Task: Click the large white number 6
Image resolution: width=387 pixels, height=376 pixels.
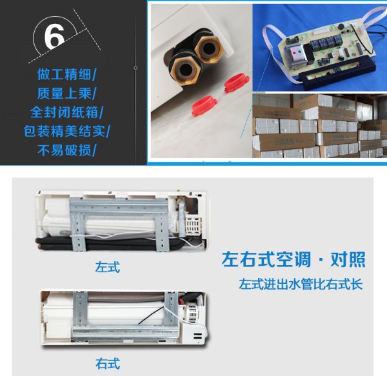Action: click(x=54, y=37)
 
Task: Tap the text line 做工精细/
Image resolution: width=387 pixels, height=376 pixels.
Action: click(x=66, y=74)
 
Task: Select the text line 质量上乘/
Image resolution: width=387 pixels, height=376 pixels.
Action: click(x=66, y=94)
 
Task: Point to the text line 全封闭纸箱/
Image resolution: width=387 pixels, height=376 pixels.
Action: click(x=66, y=112)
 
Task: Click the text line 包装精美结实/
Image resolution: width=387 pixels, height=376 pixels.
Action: click(x=66, y=131)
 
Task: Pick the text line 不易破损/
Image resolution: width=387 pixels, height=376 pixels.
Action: click(x=66, y=150)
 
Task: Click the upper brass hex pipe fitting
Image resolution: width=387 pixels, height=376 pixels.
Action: click(x=209, y=49)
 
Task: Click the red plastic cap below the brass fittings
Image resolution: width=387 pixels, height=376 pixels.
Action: click(x=204, y=106)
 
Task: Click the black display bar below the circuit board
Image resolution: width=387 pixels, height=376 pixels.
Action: click(x=338, y=72)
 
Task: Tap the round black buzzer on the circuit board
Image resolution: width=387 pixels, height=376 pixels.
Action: click(x=341, y=26)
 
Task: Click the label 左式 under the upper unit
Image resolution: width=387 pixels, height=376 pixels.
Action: click(x=108, y=267)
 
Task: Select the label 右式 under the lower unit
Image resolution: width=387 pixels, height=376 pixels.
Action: click(x=108, y=363)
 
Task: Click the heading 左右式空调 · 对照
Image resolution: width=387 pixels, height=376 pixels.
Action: click(x=293, y=259)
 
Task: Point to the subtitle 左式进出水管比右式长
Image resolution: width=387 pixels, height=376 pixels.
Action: click(x=301, y=284)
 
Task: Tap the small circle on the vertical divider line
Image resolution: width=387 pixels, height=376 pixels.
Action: click(x=135, y=68)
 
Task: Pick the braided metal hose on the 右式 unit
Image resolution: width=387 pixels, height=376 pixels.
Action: click(x=125, y=298)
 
